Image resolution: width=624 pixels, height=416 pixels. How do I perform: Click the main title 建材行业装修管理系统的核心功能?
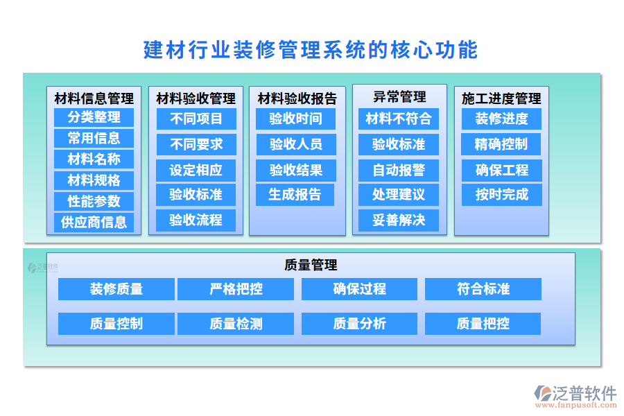[311, 50]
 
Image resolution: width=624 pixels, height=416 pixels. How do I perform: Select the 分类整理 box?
[94, 118]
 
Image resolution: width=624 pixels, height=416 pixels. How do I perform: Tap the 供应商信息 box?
[94, 223]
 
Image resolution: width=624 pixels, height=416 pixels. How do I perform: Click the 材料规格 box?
[94, 180]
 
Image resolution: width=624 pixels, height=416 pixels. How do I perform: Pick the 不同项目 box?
[196, 119]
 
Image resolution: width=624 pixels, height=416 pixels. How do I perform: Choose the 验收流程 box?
[196, 220]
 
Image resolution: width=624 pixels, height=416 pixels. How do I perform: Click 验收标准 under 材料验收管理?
[196, 195]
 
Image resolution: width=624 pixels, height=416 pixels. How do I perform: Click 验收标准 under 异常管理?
[398, 145]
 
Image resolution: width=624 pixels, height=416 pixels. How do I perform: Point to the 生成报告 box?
[295, 195]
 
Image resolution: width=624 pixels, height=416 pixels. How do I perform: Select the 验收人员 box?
[295, 145]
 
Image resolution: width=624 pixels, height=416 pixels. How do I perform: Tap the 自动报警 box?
[398, 171]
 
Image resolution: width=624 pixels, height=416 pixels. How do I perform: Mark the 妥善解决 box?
[398, 220]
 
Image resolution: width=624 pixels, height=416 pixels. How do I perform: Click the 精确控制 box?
[501, 145]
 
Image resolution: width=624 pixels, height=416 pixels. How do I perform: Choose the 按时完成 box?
[501, 195]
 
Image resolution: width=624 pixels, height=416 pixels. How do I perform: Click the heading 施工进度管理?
[501, 98]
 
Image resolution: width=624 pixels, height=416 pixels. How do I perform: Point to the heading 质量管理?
[311, 265]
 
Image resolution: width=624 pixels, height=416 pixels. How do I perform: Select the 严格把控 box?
[236, 289]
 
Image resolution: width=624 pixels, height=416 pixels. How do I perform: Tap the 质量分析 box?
[359, 324]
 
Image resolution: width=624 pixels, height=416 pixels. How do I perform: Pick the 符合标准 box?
[483, 289]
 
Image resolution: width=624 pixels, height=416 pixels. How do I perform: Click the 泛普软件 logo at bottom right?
[576, 395]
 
